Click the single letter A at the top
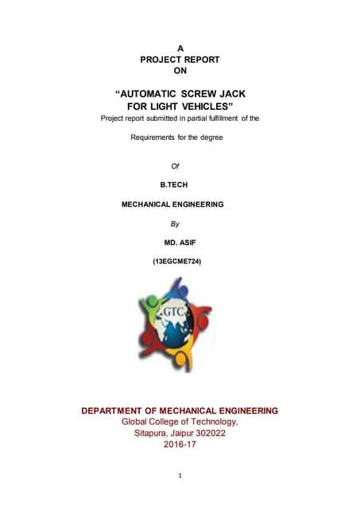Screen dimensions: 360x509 point(180,49)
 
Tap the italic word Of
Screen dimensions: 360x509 point(176,165)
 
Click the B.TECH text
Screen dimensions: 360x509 point(176,185)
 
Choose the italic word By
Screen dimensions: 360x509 point(176,223)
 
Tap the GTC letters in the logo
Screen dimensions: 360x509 point(175,310)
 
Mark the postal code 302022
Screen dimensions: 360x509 point(214,433)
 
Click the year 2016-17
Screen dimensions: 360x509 point(180,445)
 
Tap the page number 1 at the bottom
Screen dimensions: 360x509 point(180,476)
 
